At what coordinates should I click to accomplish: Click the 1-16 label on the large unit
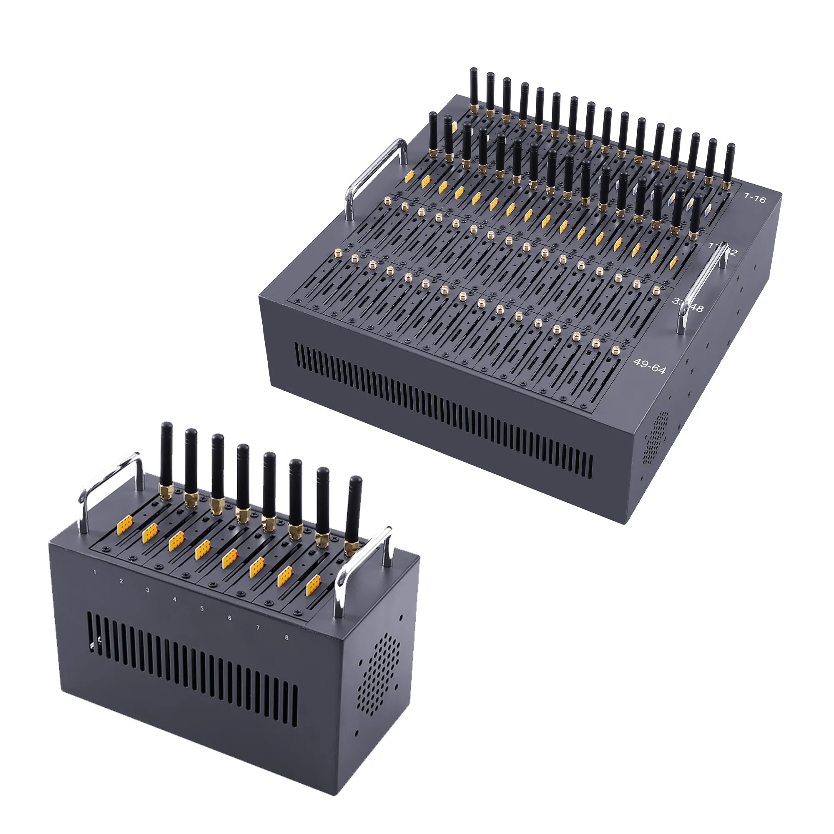pos(755,198)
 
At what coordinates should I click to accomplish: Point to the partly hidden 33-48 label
pos(688,305)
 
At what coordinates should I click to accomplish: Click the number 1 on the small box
pos(95,573)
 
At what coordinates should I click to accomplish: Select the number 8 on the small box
pos(286,637)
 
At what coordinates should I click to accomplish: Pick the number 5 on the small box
pos(201,609)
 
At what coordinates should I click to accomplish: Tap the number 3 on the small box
pos(148,590)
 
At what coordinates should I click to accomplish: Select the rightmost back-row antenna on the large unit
pos(728,164)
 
